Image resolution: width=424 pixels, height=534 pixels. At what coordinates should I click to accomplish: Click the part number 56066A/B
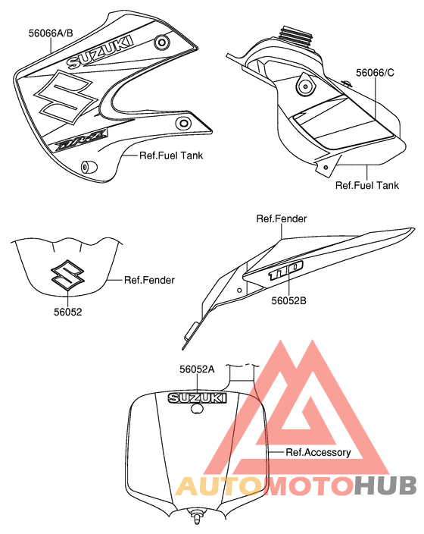pyautogui.click(x=51, y=33)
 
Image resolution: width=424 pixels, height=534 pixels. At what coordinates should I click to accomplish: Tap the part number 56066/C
pyautogui.click(x=375, y=73)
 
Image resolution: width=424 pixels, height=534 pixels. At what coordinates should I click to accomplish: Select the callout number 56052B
pyautogui.click(x=288, y=300)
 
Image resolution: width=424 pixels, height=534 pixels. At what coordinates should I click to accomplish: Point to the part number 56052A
pyautogui.click(x=197, y=369)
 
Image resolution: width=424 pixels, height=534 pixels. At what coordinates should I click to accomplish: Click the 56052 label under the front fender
pyautogui.click(x=68, y=312)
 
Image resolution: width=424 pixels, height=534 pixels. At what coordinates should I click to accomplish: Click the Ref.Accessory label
pyautogui.click(x=318, y=452)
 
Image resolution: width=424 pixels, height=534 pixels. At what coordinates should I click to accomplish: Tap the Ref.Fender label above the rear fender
pyautogui.click(x=282, y=218)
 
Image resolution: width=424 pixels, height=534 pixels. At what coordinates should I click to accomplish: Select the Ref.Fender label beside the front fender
pyautogui.click(x=149, y=280)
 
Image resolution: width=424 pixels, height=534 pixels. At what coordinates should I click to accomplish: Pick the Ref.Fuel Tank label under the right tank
pyautogui.click(x=367, y=185)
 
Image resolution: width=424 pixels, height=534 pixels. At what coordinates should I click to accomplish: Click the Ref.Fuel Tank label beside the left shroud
pyautogui.click(x=171, y=155)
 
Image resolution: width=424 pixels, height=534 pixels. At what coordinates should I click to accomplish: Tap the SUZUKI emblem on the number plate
pyautogui.click(x=197, y=398)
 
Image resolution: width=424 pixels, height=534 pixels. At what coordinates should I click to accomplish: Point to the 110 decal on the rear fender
pyautogui.click(x=285, y=271)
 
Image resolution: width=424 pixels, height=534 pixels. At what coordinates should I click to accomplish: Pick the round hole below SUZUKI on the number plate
pyautogui.click(x=197, y=409)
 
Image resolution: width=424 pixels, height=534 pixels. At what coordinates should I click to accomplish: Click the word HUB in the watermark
pyautogui.click(x=385, y=485)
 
